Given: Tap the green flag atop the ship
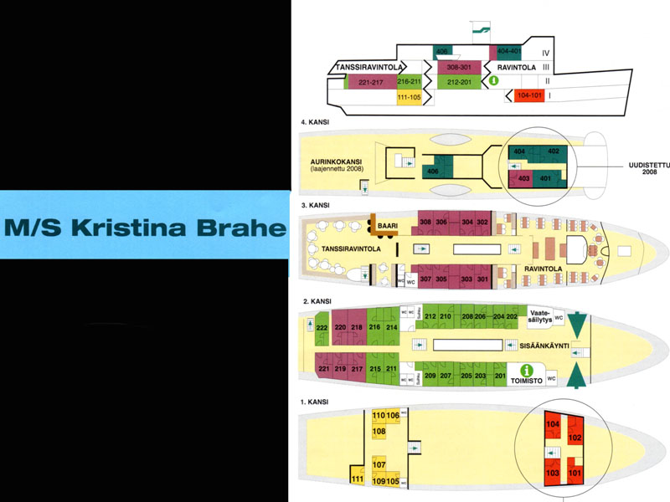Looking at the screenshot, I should (x=481, y=28).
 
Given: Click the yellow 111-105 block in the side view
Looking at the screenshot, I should (x=410, y=97).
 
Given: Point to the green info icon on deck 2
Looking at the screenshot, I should (x=527, y=370).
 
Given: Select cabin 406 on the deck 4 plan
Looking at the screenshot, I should (x=433, y=171).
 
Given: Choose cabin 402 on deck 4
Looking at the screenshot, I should (x=552, y=151).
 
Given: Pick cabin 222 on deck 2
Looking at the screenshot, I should (x=322, y=327).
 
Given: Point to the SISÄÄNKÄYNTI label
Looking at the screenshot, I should (x=541, y=342).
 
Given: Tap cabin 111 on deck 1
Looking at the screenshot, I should (x=357, y=479).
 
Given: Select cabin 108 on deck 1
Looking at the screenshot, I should (x=379, y=432).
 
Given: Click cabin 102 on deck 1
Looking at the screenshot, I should (x=575, y=437).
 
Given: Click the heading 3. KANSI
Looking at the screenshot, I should (x=318, y=205).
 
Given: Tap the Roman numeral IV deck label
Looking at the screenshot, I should (x=544, y=52).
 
